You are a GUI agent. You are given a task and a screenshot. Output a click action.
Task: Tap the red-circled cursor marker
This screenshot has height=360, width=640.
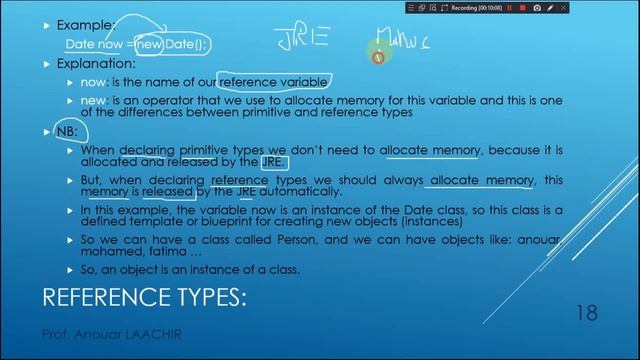click(x=378, y=58)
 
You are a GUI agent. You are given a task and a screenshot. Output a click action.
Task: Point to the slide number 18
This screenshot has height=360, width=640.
click(x=587, y=313)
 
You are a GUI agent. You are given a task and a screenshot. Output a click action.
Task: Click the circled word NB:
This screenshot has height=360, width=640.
click(x=67, y=132)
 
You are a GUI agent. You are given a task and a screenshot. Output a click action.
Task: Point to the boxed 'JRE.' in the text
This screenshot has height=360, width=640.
click(x=272, y=162)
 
